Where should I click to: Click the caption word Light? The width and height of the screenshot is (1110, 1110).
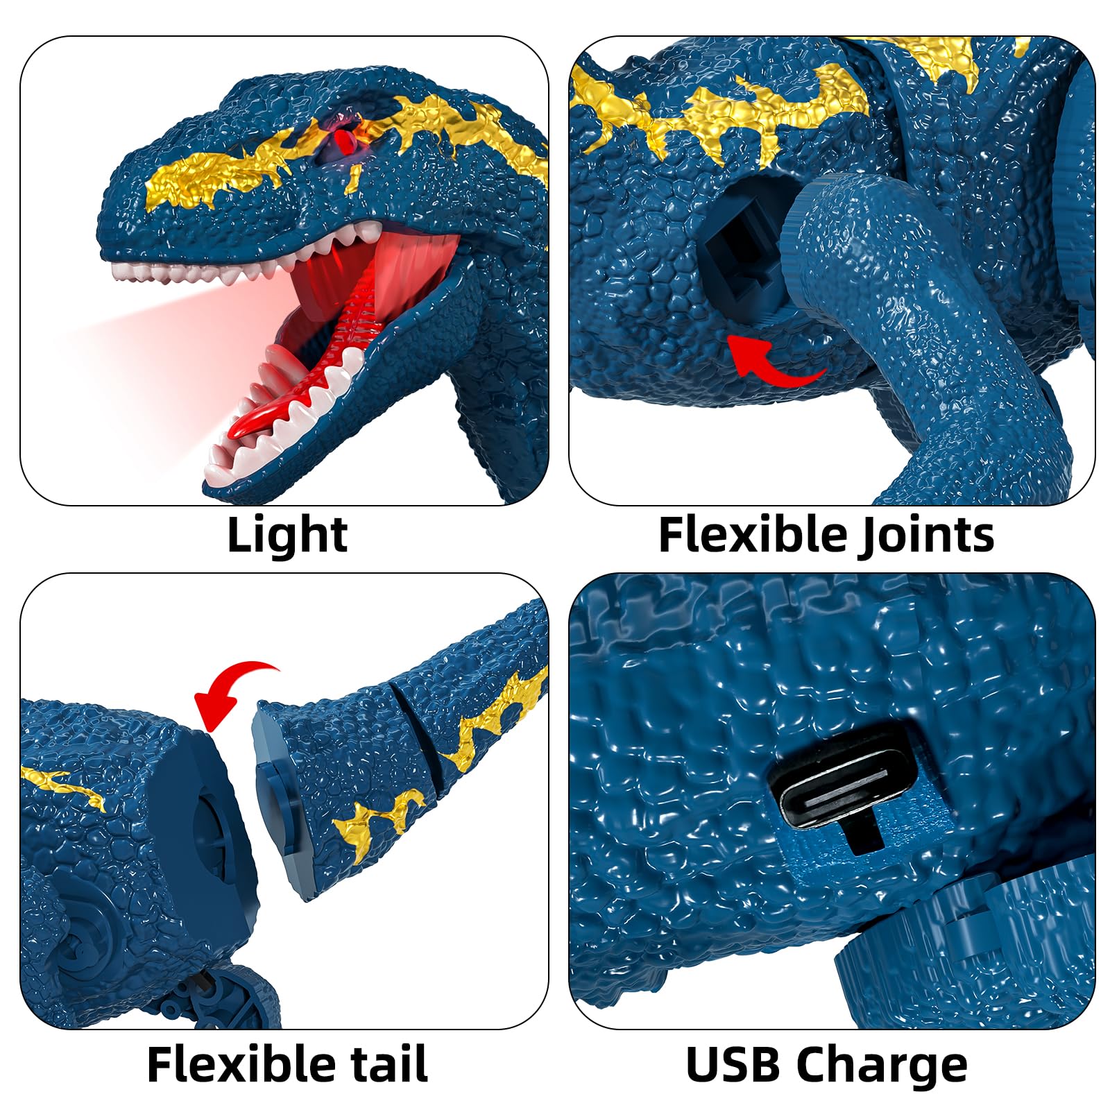click(x=287, y=535)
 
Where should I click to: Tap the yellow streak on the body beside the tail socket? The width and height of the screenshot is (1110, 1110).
click(x=66, y=784)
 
